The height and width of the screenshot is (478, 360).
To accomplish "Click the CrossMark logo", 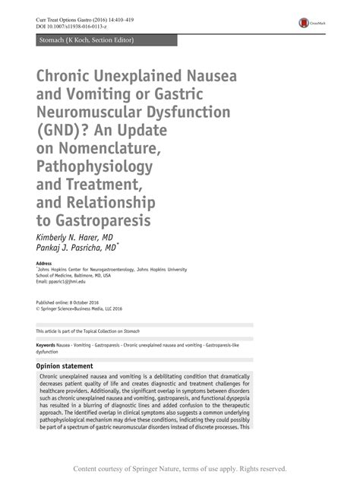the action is point(308,23).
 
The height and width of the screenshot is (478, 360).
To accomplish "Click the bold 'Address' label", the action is point(44,263).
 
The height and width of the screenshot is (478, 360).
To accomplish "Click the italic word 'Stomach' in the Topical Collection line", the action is point(147,331).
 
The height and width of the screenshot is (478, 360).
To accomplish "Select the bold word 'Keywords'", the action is point(45,345).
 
